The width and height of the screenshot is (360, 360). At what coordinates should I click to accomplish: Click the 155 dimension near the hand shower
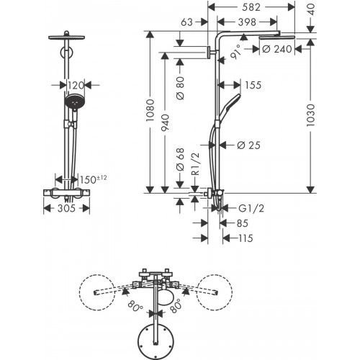[x=251, y=85]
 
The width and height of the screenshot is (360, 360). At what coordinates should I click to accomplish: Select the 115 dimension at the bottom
[x=246, y=238]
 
